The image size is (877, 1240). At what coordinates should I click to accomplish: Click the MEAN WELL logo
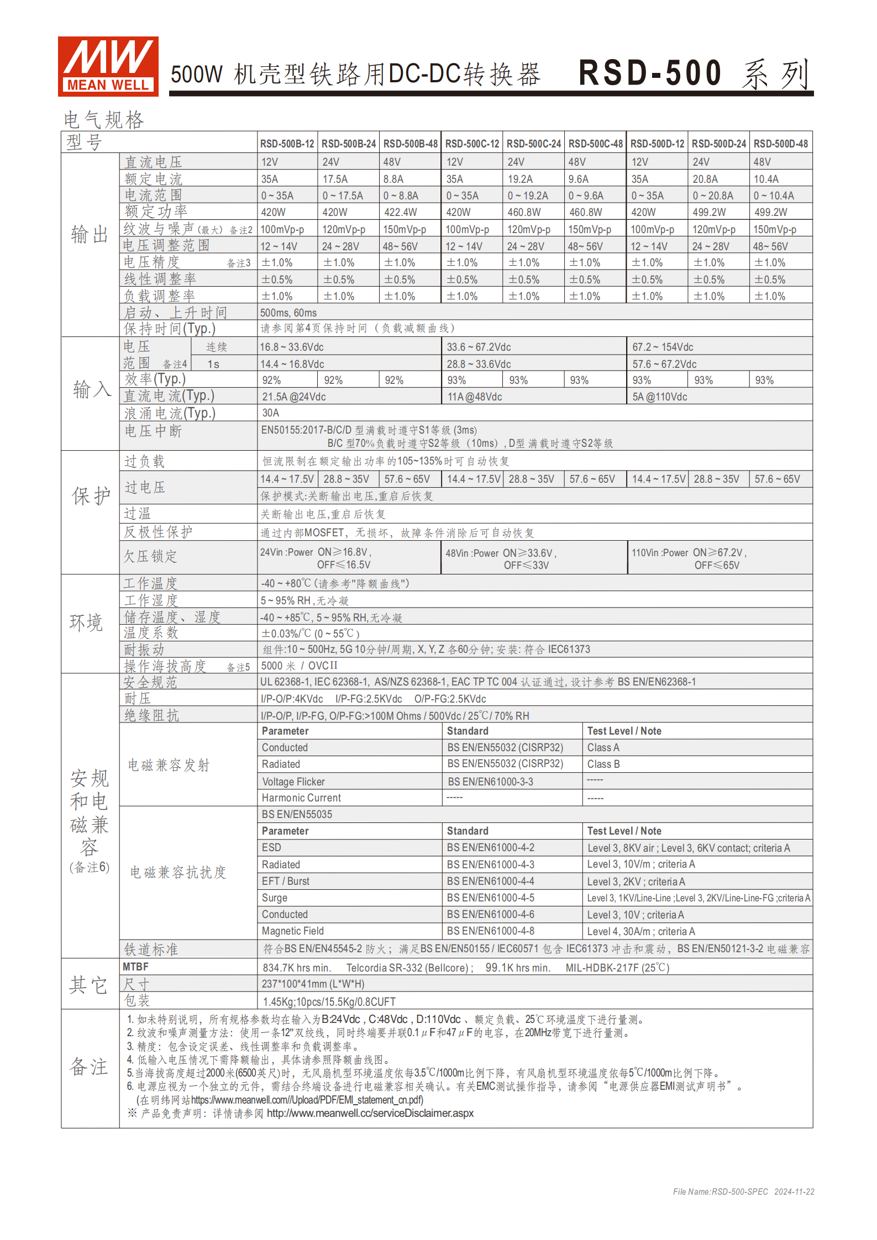[108, 66]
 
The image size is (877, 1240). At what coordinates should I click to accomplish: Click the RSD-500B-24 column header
[349, 144]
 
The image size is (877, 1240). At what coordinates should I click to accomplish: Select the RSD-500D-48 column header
[780, 144]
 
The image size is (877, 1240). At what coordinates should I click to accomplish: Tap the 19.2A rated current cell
[520, 179]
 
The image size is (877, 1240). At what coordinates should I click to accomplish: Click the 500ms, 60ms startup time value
[288, 313]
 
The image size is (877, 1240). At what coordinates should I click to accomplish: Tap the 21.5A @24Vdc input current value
[294, 397]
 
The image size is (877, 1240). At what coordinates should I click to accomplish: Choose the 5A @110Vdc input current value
[660, 397]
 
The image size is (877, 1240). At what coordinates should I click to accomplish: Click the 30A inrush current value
[271, 413]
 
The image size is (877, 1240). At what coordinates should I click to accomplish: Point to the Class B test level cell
[603, 764]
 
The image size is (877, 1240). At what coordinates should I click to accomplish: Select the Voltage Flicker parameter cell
[293, 782]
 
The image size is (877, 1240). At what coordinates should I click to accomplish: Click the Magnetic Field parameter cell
[293, 931]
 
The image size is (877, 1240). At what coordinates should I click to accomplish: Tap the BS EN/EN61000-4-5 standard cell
[491, 898]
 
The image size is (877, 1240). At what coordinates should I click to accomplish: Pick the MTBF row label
[136, 967]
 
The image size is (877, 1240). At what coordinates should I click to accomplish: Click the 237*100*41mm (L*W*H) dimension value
[313, 984]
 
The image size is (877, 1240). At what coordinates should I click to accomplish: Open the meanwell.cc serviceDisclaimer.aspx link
[370, 1113]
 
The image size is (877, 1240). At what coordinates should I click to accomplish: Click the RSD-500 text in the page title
[650, 73]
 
